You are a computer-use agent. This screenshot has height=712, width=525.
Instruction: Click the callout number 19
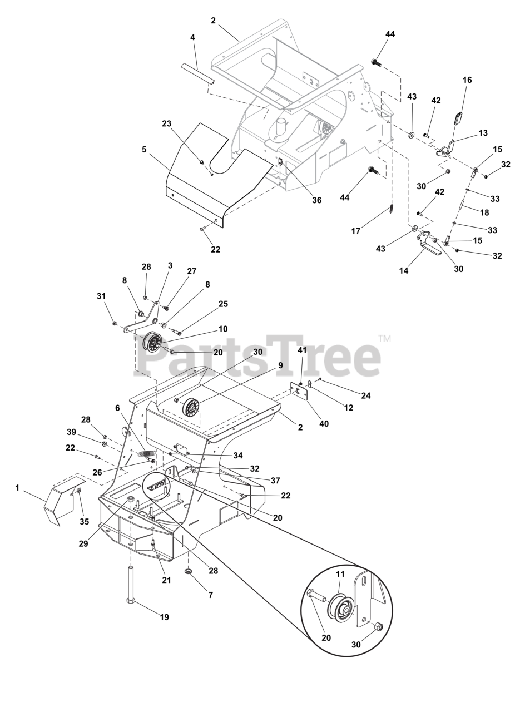pos(164,617)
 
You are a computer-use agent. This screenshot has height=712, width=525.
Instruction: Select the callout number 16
pos(467,80)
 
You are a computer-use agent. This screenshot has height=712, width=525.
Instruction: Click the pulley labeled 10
pos(153,342)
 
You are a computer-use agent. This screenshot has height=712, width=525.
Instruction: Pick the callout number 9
pos(280,365)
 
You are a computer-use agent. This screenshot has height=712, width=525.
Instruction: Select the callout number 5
pos(144,149)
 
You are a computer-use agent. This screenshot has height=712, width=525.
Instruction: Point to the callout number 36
pos(316,200)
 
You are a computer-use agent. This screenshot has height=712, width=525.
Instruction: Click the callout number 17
pos(356,231)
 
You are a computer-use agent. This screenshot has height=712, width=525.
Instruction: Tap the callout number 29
pos(83,543)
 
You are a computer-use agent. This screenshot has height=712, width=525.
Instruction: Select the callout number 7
pos(211,595)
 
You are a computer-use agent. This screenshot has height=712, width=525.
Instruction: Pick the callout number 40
pos(324,423)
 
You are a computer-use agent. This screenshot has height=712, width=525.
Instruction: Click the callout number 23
pos(166,123)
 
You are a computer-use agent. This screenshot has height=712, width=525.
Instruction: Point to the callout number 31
pos(101,296)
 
